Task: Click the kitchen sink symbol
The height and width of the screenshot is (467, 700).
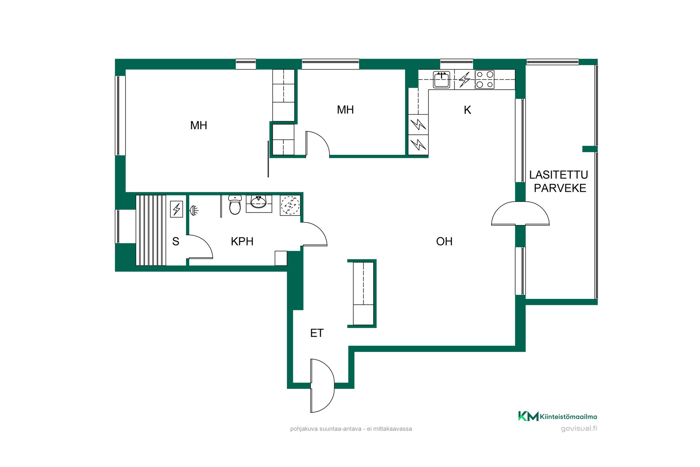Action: [442, 80]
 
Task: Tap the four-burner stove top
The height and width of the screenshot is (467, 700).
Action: [485, 80]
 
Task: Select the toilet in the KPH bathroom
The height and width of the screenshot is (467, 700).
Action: [235, 205]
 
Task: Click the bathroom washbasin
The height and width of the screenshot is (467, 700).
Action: [259, 202]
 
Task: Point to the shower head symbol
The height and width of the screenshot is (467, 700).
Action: [194, 211]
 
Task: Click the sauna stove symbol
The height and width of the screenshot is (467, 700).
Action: [176, 209]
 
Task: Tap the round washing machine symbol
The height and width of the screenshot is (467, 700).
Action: [290, 205]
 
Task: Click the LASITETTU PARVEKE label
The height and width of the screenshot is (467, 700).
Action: [559, 181]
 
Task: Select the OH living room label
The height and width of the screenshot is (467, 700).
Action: [444, 241]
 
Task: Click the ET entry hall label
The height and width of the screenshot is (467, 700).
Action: [317, 333]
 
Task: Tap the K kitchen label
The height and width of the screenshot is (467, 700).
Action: [467, 110]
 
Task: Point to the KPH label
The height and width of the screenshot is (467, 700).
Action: [242, 241]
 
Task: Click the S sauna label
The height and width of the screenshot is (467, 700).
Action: [176, 241]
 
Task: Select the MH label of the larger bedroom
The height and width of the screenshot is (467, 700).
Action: [199, 126]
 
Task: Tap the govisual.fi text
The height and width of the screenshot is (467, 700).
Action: [579, 428]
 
